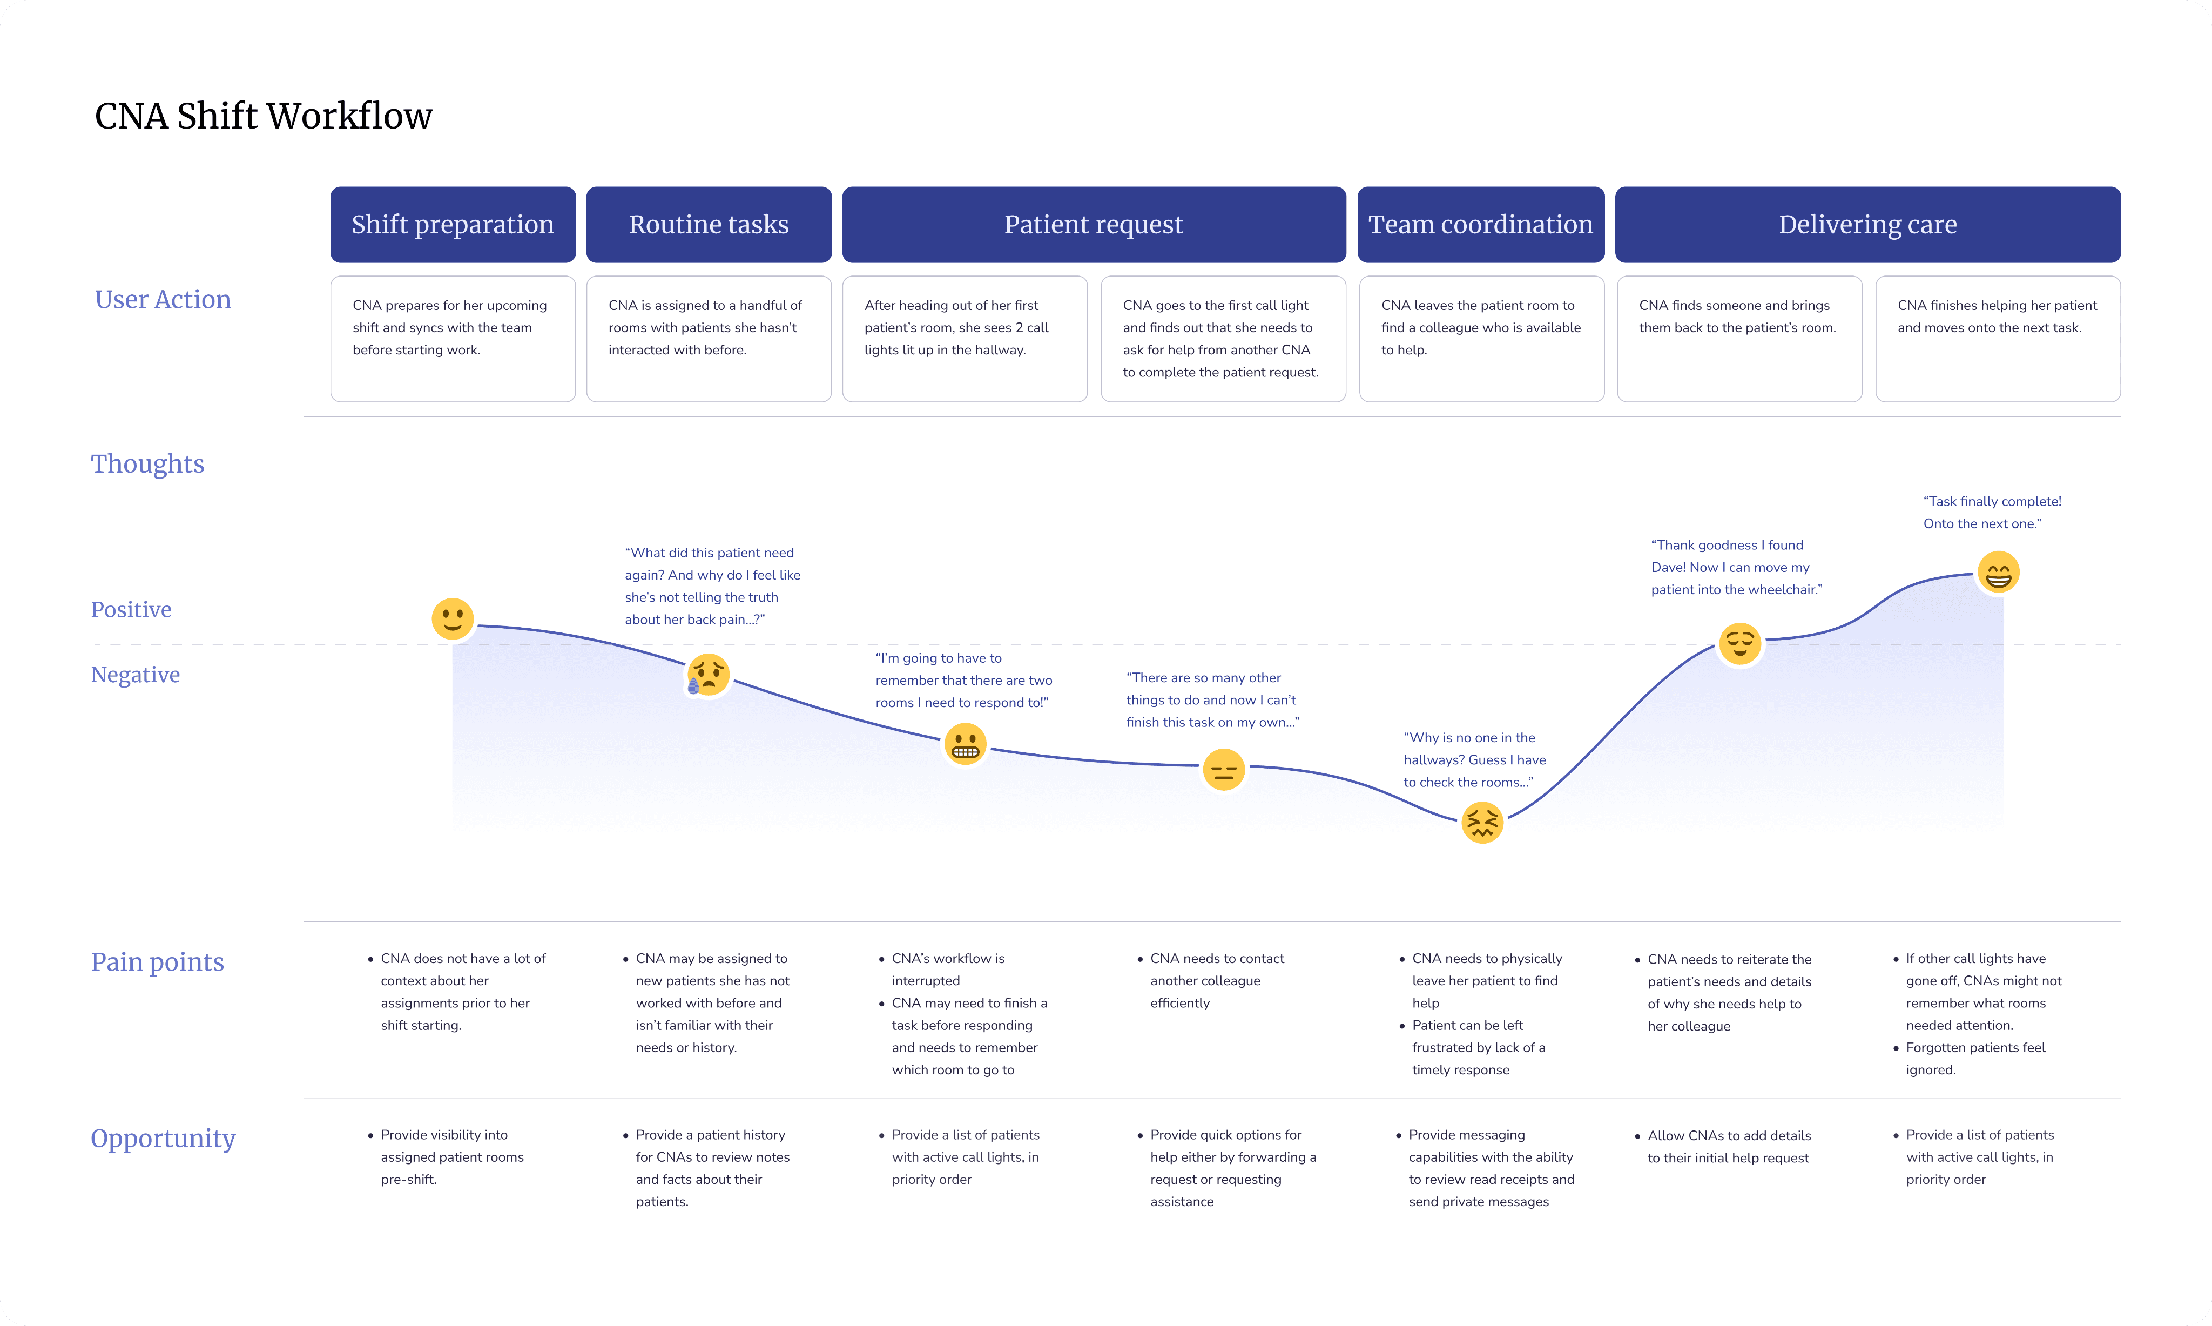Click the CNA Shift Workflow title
[x=264, y=116]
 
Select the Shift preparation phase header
[x=453, y=224]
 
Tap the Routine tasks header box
[x=709, y=224]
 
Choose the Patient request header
[x=1094, y=224]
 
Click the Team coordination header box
[x=1480, y=224]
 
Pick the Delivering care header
[x=1867, y=224]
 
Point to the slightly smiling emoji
[x=453, y=618]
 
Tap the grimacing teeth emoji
[x=965, y=744]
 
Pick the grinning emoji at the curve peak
[x=1998, y=573]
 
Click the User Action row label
[x=163, y=299]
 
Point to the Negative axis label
[x=135, y=675]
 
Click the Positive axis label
[x=131, y=609]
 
